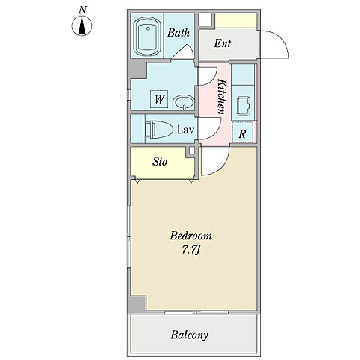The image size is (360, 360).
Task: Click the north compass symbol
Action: pyautogui.click(x=82, y=25)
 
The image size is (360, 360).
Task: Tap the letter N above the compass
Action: pyautogui.click(x=82, y=10)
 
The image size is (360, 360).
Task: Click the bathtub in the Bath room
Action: pyautogui.click(x=147, y=36)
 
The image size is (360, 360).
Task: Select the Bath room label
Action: pyautogui.click(x=178, y=33)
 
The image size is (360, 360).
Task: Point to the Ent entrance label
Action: pyautogui.click(x=223, y=43)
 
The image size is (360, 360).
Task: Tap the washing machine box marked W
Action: pyautogui.click(x=159, y=99)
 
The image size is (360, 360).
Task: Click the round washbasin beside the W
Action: pyautogui.click(x=184, y=102)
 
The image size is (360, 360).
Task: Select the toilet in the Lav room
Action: pyautogui.click(x=159, y=129)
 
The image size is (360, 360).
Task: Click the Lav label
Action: pyautogui.click(x=185, y=130)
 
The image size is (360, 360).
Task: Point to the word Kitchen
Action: pyautogui.click(x=222, y=97)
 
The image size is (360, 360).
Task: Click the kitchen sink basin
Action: pyautogui.click(x=243, y=106)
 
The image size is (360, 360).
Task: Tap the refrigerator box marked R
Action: pyautogui.click(x=243, y=132)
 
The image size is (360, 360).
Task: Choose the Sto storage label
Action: pyautogui.click(x=160, y=162)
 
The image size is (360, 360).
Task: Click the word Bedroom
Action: pyautogui.click(x=190, y=235)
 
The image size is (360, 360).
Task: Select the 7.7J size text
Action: pyautogui.click(x=191, y=250)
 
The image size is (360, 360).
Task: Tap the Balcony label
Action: pyautogui.click(x=189, y=334)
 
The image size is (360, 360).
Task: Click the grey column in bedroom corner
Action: pyautogui.click(x=136, y=304)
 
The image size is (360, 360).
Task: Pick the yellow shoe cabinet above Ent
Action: pyautogui.click(x=236, y=20)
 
